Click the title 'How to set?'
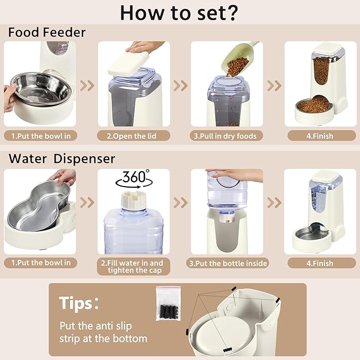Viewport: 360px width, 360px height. click(x=179, y=12)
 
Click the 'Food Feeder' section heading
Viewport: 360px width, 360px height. click(x=47, y=33)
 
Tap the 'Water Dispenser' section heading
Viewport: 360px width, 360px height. click(x=62, y=159)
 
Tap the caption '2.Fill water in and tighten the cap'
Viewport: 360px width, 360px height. click(x=135, y=267)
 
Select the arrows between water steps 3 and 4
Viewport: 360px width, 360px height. click(x=274, y=202)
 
